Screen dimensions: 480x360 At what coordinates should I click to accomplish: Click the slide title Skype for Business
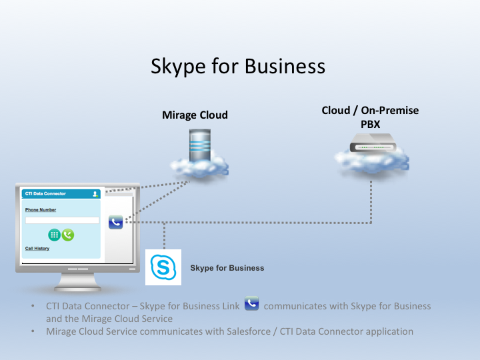[238, 66]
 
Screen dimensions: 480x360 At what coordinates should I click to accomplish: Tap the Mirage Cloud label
[195, 115]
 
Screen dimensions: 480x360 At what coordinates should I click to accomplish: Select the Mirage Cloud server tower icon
[200, 146]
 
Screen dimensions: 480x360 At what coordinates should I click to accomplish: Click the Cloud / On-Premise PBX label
[370, 117]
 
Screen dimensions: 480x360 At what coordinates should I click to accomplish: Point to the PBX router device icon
[373, 143]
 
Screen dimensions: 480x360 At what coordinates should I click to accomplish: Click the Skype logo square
[163, 267]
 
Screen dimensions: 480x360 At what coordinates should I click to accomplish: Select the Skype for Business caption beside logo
[227, 268]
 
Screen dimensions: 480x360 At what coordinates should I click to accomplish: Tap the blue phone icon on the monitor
[116, 222]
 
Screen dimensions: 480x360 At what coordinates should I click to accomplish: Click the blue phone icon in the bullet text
[251, 303]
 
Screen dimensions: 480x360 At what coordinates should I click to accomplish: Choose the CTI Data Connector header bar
[61, 194]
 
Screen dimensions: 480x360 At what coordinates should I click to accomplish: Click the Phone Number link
[41, 210]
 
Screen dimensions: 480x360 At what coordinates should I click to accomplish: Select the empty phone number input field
[62, 221]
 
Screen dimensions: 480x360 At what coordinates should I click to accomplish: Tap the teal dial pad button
[54, 235]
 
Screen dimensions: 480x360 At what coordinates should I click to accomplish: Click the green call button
[68, 235]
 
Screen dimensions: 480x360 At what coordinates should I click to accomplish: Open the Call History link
[37, 248]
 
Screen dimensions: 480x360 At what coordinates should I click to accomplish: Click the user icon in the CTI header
[95, 194]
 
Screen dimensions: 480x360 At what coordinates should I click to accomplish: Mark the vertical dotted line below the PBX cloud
[371, 202]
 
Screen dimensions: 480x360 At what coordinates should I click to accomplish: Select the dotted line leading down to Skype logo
[165, 236]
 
